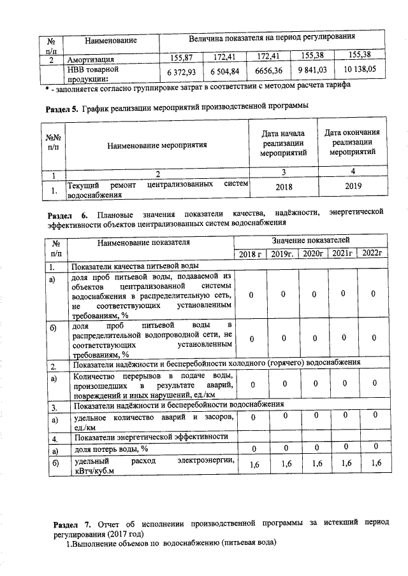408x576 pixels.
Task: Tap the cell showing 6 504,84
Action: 226,71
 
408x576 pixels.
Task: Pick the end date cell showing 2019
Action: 353,186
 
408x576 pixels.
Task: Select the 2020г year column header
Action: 314,254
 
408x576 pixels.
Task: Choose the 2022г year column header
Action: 374,253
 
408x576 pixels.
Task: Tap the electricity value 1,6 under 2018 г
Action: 255,464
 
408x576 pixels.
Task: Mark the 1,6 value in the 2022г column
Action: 375,463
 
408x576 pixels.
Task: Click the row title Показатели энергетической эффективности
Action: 150,437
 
